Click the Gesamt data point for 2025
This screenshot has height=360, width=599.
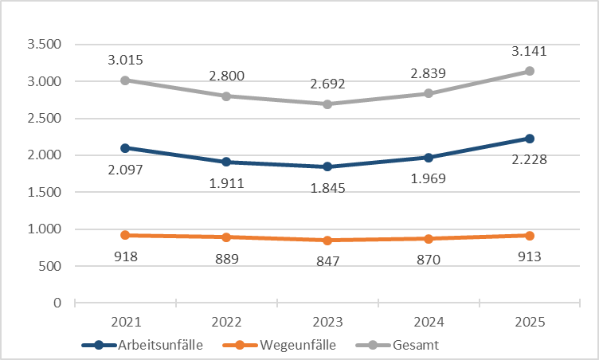(530, 71)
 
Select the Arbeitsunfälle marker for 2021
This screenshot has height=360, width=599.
(126, 148)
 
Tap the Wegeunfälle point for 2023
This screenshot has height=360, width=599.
(327, 241)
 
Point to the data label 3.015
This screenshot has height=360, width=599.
(126, 60)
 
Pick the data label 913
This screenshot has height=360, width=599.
(530, 256)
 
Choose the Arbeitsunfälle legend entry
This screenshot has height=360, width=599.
(155, 345)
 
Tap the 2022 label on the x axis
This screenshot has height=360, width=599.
(227, 322)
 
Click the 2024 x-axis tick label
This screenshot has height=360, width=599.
(429, 322)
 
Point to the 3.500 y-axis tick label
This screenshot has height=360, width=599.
(45, 45)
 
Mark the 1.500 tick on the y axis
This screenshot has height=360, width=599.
(45, 192)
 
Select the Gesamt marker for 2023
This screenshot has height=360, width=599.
(327, 104)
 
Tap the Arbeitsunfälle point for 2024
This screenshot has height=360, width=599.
(429, 158)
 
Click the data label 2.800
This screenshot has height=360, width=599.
(227, 76)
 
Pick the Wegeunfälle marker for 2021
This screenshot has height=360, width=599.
(126, 235)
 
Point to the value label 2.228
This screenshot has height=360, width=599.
(530, 160)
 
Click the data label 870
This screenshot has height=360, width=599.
(429, 260)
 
